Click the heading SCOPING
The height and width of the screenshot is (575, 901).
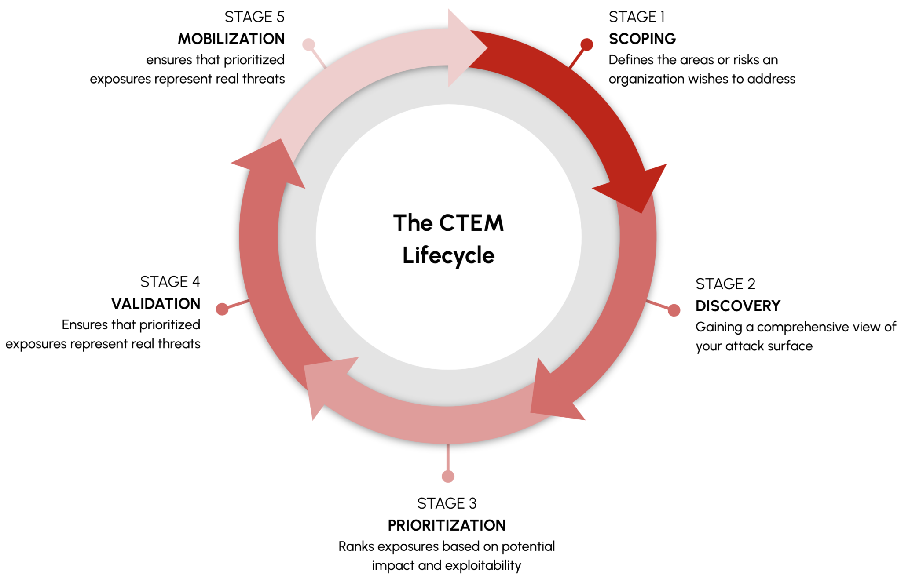[642, 39]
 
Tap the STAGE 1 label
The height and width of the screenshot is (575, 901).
[637, 17]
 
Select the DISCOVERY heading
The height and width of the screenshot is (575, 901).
[738, 306]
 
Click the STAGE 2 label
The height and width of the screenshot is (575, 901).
[725, 284]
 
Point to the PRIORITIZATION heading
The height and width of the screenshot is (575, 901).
[447, 525]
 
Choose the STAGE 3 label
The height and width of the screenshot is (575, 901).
[447, 503]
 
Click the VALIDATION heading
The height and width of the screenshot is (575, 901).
[156, 303]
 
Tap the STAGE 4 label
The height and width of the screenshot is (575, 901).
[170, 282]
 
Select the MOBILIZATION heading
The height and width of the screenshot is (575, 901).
[231, 39]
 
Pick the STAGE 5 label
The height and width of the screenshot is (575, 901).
[254, 17]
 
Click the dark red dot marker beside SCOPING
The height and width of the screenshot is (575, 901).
[586, 44]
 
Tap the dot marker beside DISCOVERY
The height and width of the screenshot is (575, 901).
[674, 310]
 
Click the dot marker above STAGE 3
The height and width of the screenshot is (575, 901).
[448, 476]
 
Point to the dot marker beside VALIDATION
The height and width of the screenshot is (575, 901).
[222, 309]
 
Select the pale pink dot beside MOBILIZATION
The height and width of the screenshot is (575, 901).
[308, 44]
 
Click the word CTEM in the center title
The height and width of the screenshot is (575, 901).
[471, 223]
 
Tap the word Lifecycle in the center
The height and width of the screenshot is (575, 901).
[448, 255]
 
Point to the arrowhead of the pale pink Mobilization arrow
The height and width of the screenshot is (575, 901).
[466, 47]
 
